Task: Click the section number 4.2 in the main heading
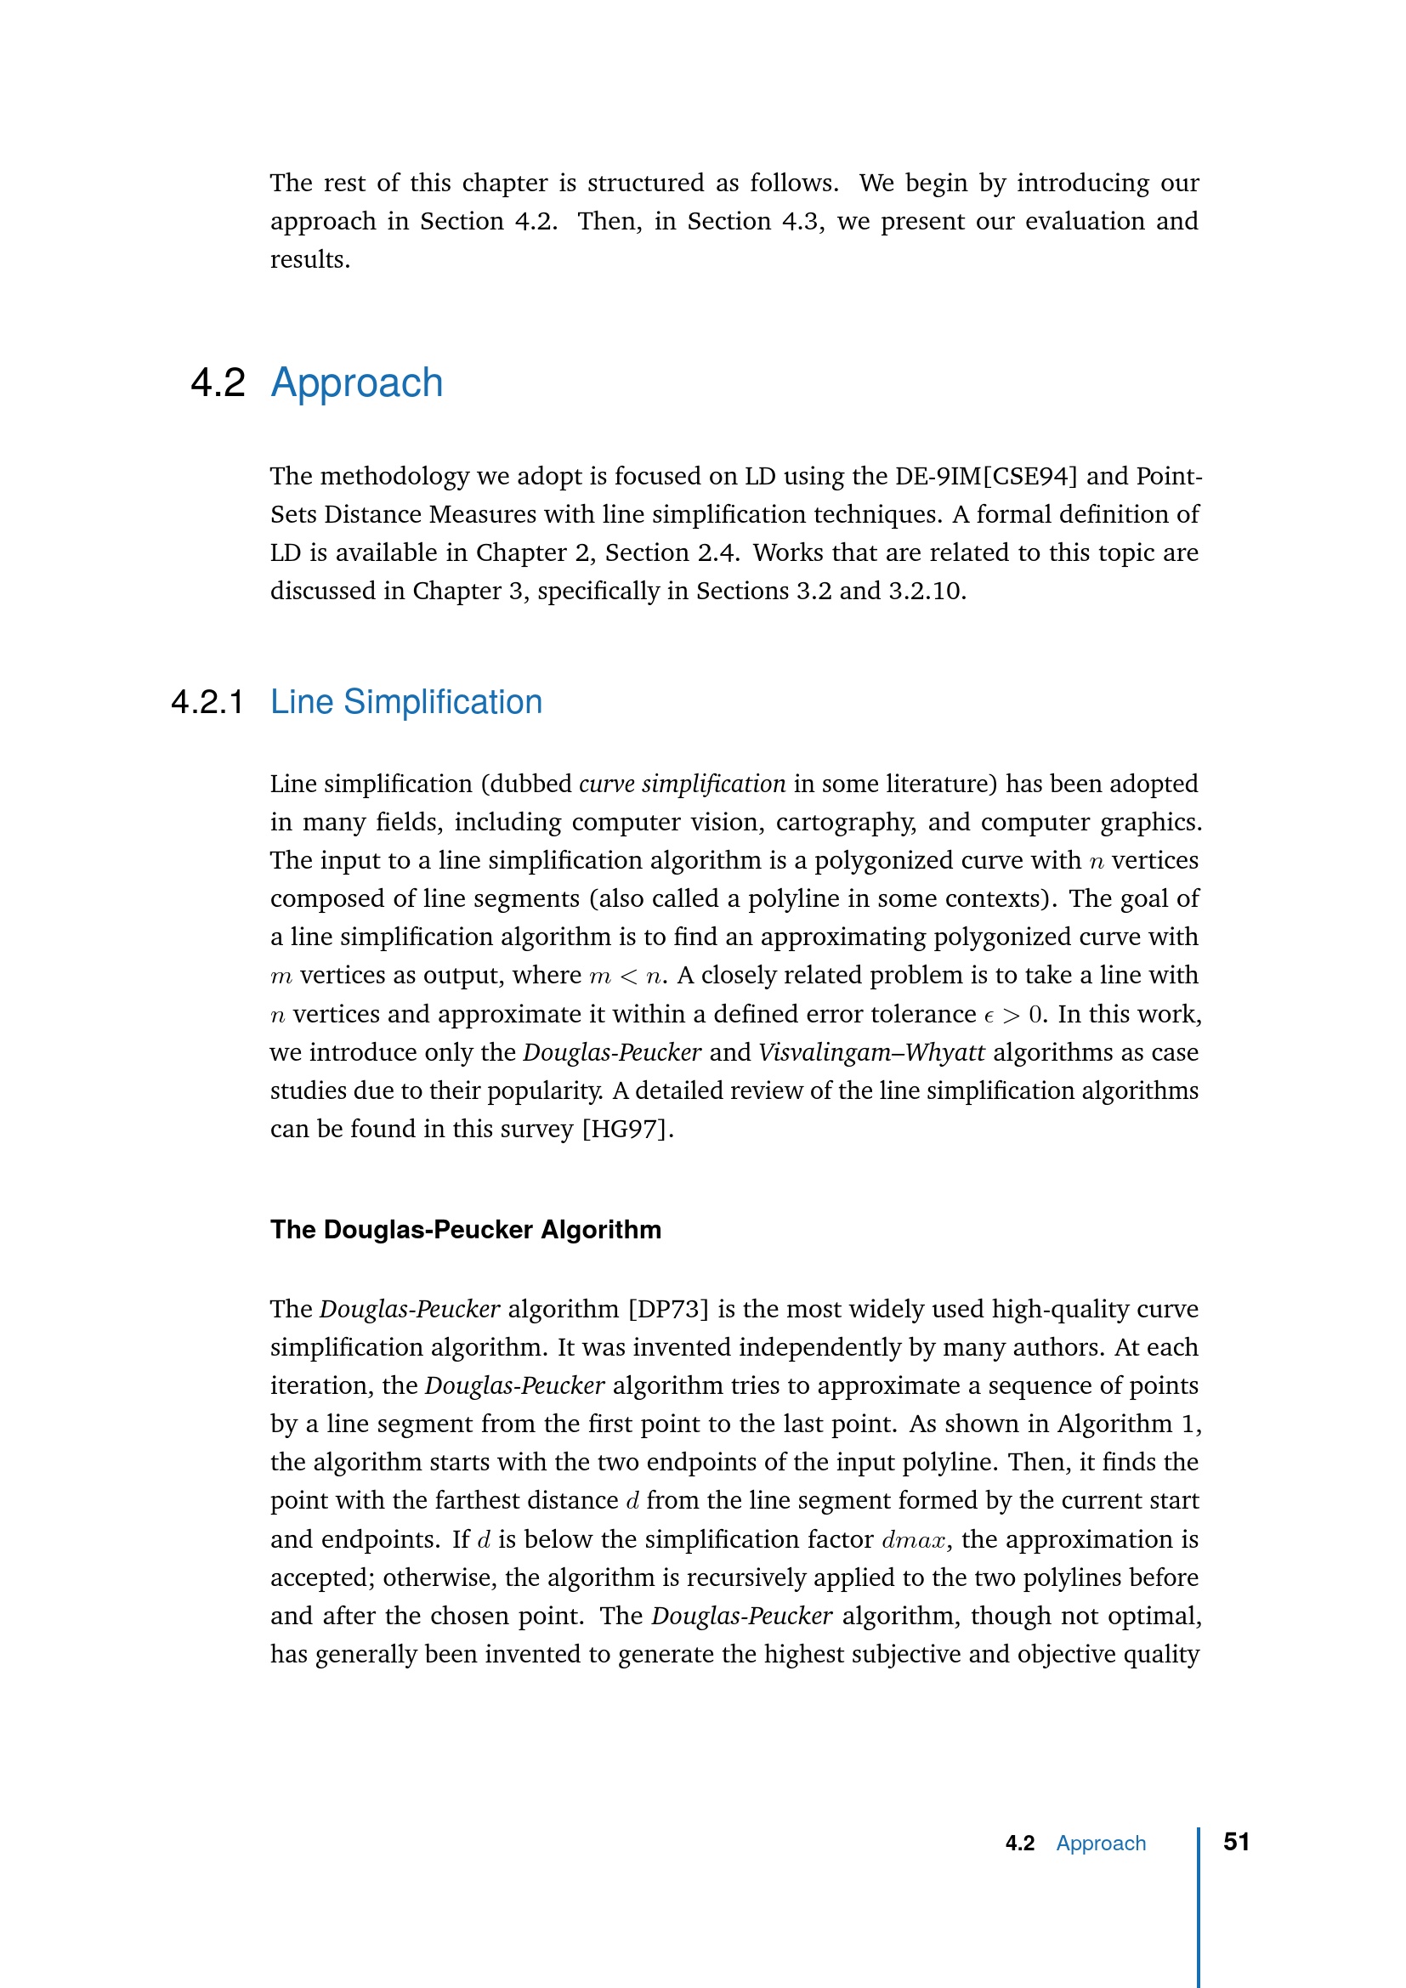point(218,382)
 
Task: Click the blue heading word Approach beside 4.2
point(357,382)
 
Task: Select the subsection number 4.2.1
point(207,702)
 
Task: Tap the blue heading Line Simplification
point(406,702)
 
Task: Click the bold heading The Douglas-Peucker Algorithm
point(465,1230)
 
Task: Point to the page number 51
point(1235,1842)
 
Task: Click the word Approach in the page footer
point(1100,1844)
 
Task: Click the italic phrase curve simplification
point(682,784)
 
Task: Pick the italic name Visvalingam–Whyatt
point(871,1052)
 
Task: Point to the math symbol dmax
point(912,1539)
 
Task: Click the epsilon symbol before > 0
point(989,1016)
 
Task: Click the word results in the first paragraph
point(309,260)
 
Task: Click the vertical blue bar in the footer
point(1199,1905)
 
